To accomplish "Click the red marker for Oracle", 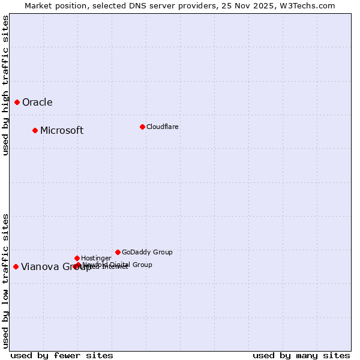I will pos(17,102).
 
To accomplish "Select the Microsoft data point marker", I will pos(35,130).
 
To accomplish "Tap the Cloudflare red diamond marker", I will pos(142,127).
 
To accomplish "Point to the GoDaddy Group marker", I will pos(118,252).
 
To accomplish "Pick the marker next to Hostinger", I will pos(77,258).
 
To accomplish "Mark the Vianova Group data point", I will pos(16,266).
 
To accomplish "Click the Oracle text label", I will pos(37,102).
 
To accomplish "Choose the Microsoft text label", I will pos(62,130).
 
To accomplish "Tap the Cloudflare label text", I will pos(162,127).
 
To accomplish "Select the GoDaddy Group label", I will pos(147,252).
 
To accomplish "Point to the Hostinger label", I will pos(96,258).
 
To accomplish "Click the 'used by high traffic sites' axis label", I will pos(5,85).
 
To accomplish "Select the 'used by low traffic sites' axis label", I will pos(5,281).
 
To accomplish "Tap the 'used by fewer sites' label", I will pos(62,355).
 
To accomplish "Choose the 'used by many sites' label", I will pos(301,355).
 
